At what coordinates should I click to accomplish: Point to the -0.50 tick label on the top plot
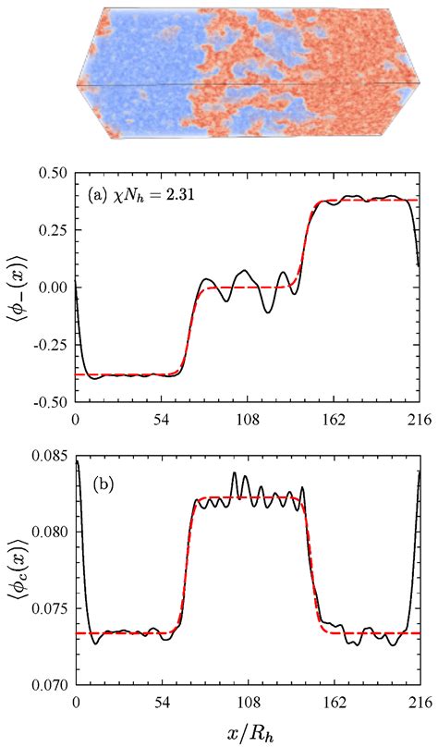(x=49, y=401)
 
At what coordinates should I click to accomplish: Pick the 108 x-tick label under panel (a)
(x=248, y=418)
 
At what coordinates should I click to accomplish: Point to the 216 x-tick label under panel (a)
(x=420, y=418)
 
